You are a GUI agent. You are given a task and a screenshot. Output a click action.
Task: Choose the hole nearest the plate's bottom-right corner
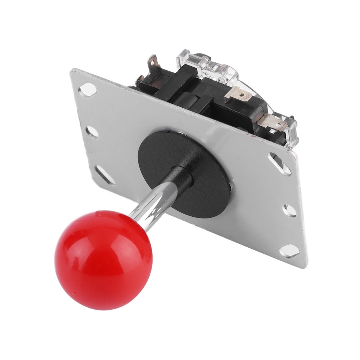coord(290,251)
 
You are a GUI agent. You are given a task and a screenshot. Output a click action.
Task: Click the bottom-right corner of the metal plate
coord(305,267)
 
